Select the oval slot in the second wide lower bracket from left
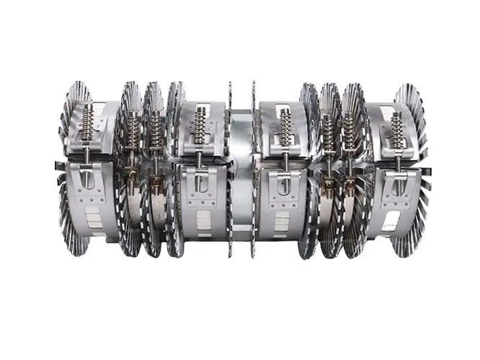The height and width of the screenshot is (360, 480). point(200,183)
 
